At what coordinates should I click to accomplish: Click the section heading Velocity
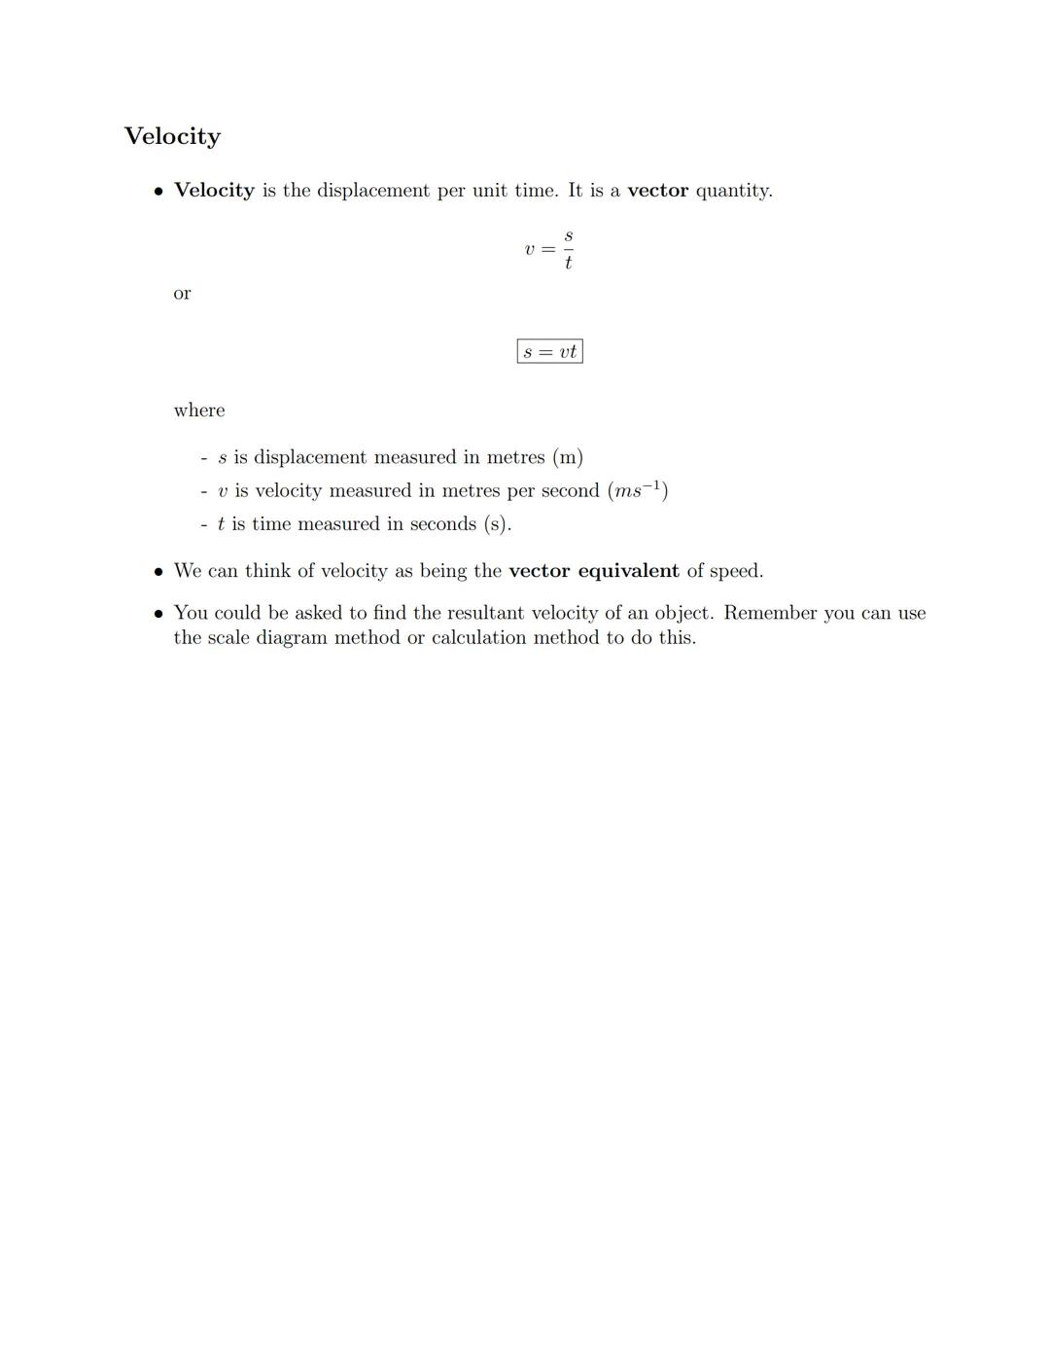(x=172, y=136)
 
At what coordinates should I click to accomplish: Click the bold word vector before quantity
(x=657, y=191)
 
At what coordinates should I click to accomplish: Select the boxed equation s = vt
(x=549, y=351)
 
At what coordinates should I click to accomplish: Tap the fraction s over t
(x=568, y=250)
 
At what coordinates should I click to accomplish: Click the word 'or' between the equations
(x=182, y=293)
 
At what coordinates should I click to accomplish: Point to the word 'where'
(x=198, y=411)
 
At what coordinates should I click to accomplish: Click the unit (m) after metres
(x=568, y=457)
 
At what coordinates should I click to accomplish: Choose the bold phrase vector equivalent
(x=593, y=571)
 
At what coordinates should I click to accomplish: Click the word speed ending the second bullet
(x=735, y=571)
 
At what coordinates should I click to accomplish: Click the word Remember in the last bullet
(x=769, y=613)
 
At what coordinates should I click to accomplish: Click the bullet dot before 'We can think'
(x=159, y=572)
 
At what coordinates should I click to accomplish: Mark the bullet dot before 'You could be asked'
(x=159, y=614)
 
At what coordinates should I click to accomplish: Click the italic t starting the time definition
(x=221, y=524)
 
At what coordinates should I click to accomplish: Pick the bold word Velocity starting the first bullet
(x=214, y=191)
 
